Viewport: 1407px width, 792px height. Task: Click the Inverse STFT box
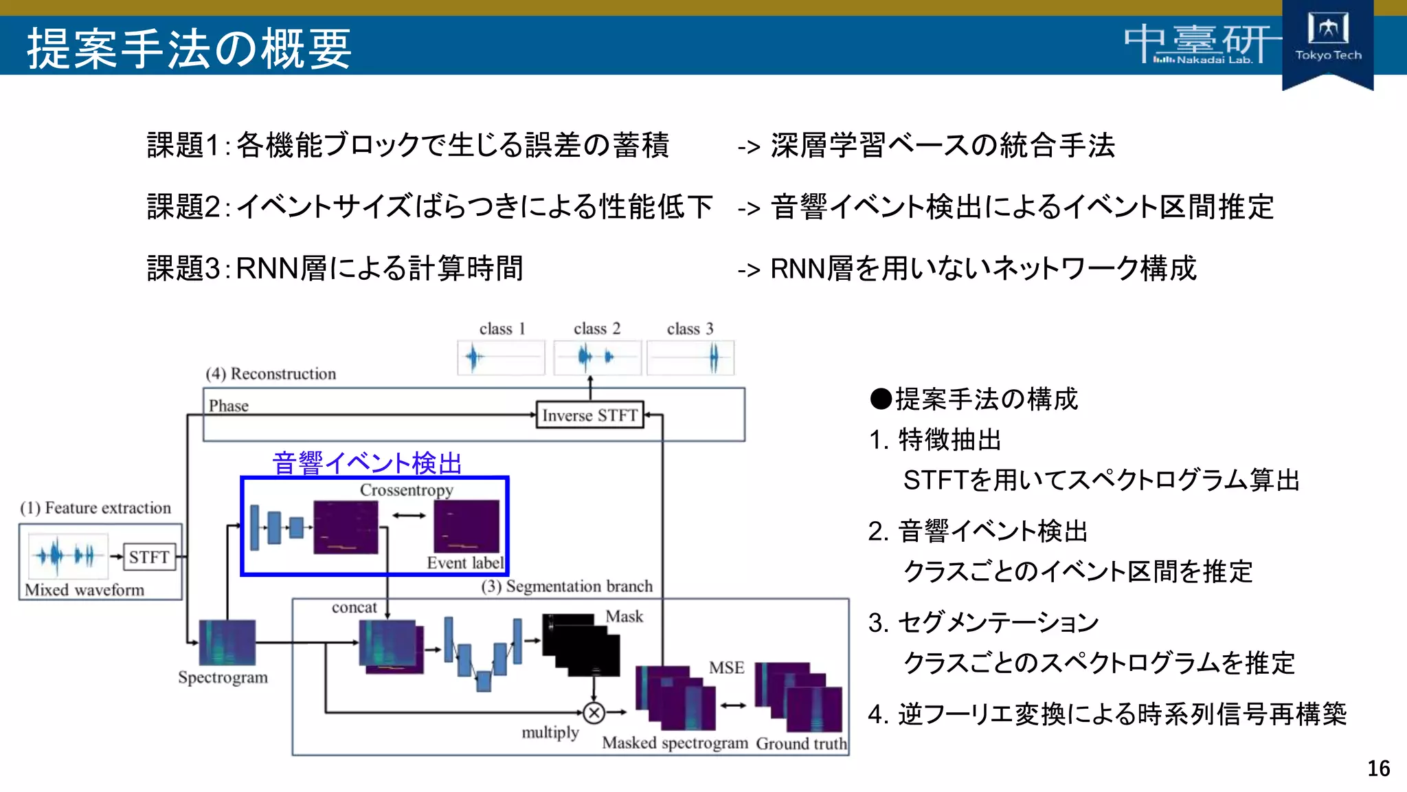(x=589, y=415)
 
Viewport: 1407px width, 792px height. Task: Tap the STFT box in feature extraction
(x=149, y=557)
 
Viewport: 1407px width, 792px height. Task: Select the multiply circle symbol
(x=594, y=713)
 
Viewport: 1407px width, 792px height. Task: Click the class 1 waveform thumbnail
(x=501, y=357)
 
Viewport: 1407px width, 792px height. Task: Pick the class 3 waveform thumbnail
(x=690, y=357)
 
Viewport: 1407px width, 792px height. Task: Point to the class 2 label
(x=596, y=329)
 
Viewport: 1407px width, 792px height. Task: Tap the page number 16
(x=1378, y=768)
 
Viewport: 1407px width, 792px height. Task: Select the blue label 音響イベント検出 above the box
(x=367, y=463)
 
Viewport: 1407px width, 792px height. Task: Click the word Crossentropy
(x=406, y=490)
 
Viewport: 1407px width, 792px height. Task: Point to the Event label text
(x=465, y=563)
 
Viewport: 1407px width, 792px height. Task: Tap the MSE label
(x=726, y=668)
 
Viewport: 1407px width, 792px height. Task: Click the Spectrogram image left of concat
(x=227, y=642)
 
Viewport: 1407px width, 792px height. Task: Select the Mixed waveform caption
(x=85, y=590)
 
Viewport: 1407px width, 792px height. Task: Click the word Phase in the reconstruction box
(x=229, y=406)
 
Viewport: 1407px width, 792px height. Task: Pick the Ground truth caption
(x=801, y=743)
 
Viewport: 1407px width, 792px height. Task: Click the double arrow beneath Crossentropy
(x=409, y=516)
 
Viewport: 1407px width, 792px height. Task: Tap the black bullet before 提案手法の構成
(x=880, y=399)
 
